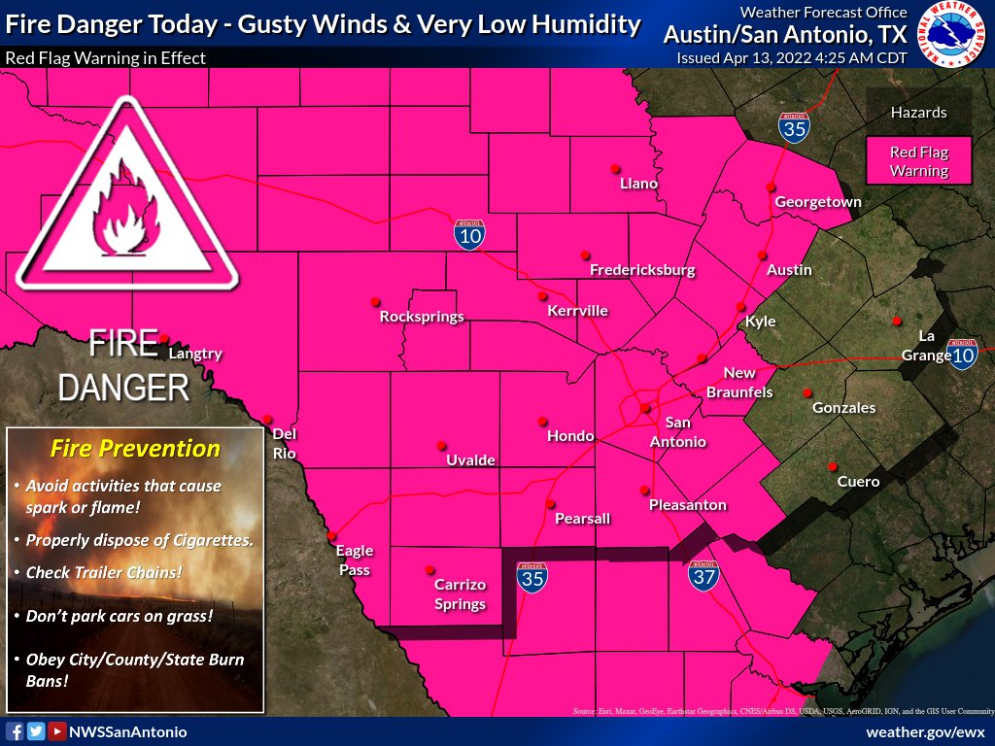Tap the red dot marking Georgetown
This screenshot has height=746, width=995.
tap(771, 186)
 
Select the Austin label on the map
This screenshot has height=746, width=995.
tap(789, 269)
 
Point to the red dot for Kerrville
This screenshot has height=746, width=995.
tap(543, 295)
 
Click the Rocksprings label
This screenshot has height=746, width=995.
tap(422, 317)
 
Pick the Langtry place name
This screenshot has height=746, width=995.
tap(195, 354)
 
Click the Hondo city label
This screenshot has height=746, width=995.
tap(570, 436)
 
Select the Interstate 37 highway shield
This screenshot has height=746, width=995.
tap(704, 576)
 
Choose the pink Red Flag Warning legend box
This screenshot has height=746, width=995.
tap(919, 161)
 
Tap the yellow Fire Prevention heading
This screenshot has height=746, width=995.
tap(135, 449)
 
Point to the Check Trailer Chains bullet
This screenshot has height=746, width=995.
tap(103, 572)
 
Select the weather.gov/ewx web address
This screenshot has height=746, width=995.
tap(925, 731)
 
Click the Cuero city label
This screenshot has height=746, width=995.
tap(858, 482)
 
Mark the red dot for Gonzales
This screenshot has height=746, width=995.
tap(806, 392)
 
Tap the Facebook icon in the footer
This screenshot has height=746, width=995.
tap(15, 731)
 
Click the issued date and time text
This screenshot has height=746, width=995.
tap(792, 58)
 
